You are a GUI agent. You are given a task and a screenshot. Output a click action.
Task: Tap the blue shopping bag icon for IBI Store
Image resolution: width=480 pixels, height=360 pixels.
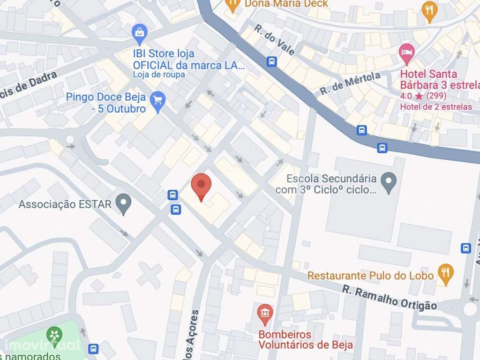[x=140, y=33]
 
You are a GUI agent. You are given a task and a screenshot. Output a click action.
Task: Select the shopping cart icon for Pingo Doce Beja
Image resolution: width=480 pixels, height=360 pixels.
[x=158, y=101]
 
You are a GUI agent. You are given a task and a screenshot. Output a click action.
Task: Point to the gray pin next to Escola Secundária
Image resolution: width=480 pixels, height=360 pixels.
[x=388, y=183]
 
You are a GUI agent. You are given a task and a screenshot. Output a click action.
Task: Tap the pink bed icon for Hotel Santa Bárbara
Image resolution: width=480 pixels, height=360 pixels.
[x=406, y=53]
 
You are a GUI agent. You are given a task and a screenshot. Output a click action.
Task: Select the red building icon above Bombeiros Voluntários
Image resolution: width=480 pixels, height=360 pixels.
[x=265, y=314]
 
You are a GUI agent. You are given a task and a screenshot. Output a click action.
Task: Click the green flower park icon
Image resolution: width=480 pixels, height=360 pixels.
[x=55, y=335]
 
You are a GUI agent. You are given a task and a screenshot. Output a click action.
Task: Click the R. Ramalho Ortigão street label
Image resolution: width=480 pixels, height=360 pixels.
[x=389, y=299]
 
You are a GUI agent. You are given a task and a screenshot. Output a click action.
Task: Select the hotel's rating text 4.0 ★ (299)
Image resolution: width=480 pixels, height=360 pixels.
[x=423, y=96]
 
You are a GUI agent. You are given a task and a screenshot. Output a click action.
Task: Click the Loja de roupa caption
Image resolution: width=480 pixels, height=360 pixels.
[x=159, y=75]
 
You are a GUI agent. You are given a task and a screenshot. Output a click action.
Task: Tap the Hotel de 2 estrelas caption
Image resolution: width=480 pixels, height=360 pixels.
[x=435, y=107]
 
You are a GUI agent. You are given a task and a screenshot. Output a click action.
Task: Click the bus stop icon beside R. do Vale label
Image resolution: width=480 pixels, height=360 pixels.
[x=271, y=61]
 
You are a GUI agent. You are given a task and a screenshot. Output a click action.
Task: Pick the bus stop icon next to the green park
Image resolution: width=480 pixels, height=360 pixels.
[x=94, y=348]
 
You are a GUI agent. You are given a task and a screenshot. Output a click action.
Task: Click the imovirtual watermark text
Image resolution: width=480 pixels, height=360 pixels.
[x=42, y=345]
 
